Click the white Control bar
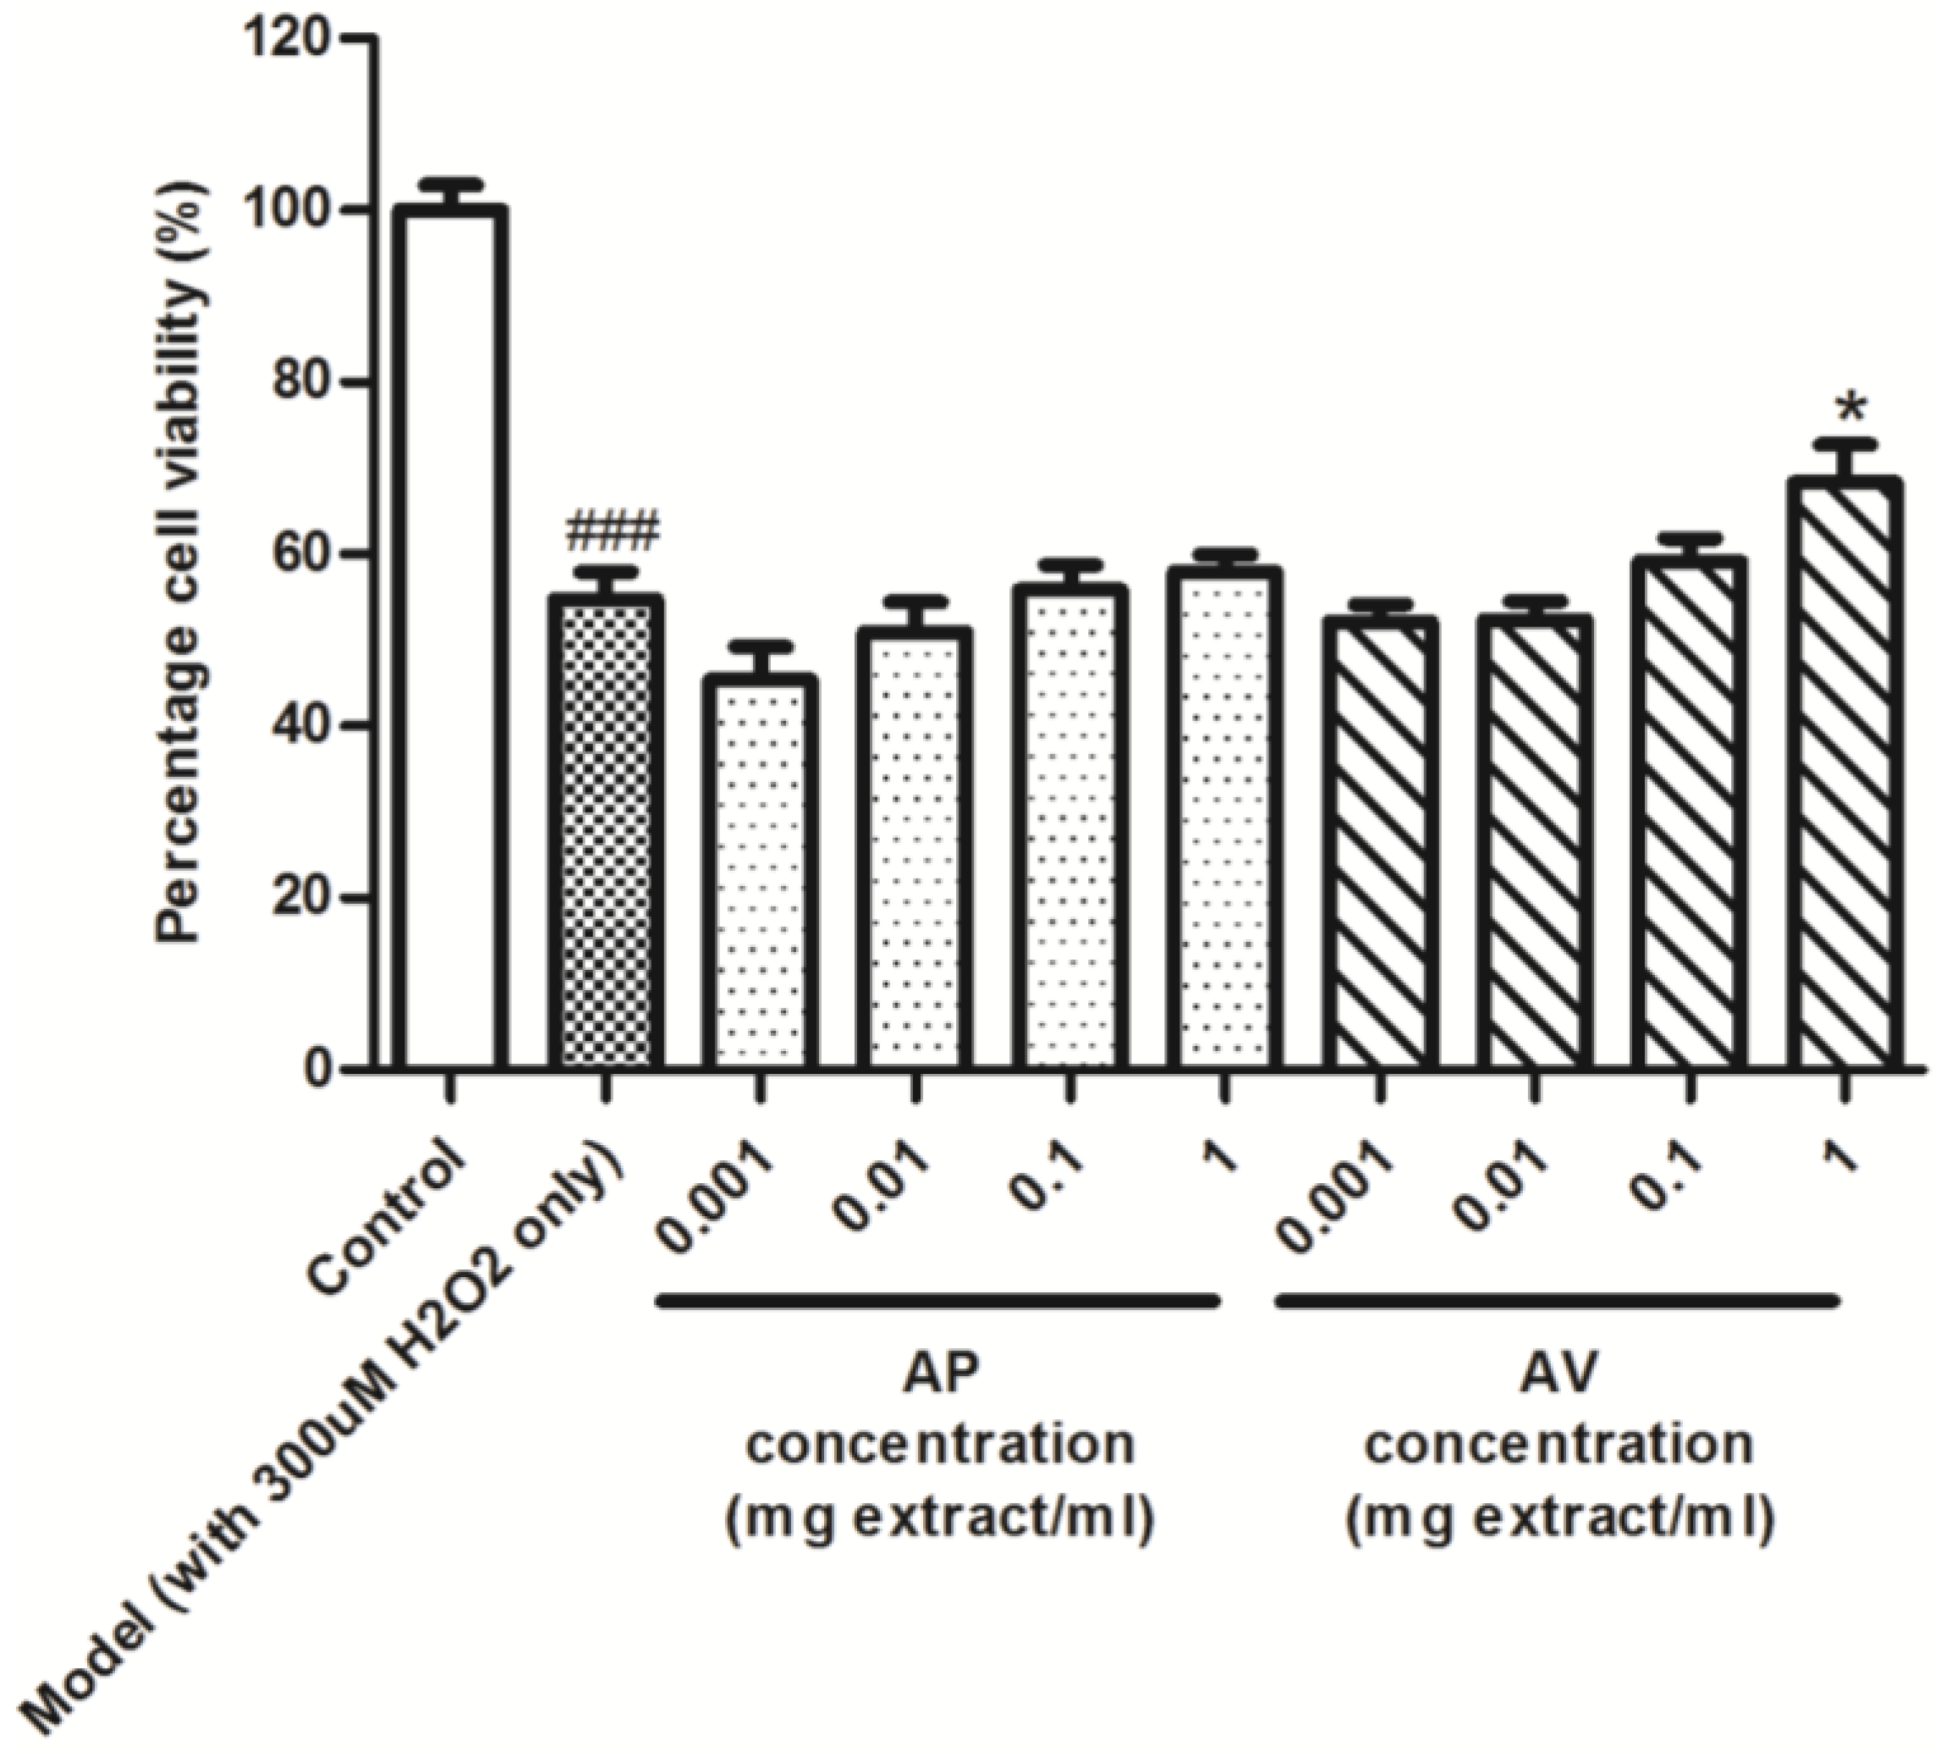[450, 637]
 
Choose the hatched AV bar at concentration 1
[1844, 773]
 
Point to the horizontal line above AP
[938, 1302]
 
